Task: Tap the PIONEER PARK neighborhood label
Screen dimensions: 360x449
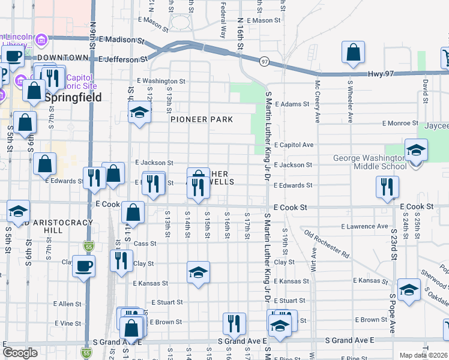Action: [201, 119]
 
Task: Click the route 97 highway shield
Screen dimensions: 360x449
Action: [264, 61]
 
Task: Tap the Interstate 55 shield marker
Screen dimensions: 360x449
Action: [89, 246]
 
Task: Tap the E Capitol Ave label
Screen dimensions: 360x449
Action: [294, 145]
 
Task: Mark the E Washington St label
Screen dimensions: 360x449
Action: [161, 81]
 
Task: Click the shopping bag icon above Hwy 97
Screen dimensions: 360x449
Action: [354, 53]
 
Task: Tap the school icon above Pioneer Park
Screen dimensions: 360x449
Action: [139, 113]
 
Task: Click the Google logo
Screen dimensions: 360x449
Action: [20, 353]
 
